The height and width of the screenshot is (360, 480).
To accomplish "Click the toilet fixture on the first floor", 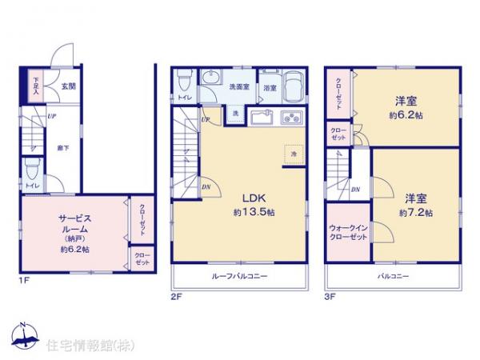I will (x=32, y=170).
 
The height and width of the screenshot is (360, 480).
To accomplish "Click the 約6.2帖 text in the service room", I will (x=74, y=250).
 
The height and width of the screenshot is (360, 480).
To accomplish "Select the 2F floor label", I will (x=177, y=296).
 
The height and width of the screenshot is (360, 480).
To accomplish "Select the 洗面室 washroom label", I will (x=239, y=86).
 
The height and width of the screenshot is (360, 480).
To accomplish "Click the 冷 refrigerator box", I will (x=293, y=153).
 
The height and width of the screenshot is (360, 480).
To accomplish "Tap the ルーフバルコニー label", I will (x=239, y=277).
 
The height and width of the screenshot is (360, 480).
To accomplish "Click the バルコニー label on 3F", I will (x=394, y=277).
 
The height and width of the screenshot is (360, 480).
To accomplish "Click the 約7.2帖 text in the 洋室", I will (x=416, y=213).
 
